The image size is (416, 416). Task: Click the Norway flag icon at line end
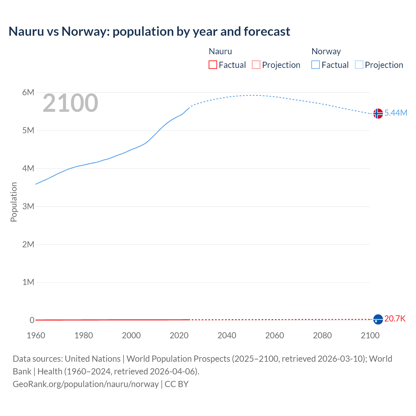pos(378,113)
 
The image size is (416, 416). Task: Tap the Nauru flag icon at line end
pos(378,319)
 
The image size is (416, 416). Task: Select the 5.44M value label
pos(396,113)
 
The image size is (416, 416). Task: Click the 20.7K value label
pos(395,318)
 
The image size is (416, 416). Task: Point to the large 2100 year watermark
pos(70,103)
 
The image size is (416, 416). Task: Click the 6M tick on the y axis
pos(28,93)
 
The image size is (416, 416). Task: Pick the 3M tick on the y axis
pos(28,206)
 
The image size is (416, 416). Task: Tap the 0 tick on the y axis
pos(32,320)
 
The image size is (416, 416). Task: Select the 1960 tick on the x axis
pos(36,335)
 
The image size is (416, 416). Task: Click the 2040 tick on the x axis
pos(227,335)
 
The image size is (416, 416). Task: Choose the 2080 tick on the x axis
pos(322,335)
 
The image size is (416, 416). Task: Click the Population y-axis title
pos(14,202)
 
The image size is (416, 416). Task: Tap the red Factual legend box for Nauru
pos(213,65)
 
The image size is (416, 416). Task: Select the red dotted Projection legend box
pos(256,65)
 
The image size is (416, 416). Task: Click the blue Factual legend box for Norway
pos(316,65)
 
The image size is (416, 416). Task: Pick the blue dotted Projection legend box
pos(359,65)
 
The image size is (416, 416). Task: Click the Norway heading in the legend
pos(326,51)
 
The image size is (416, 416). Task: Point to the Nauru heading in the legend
pos(220,51)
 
